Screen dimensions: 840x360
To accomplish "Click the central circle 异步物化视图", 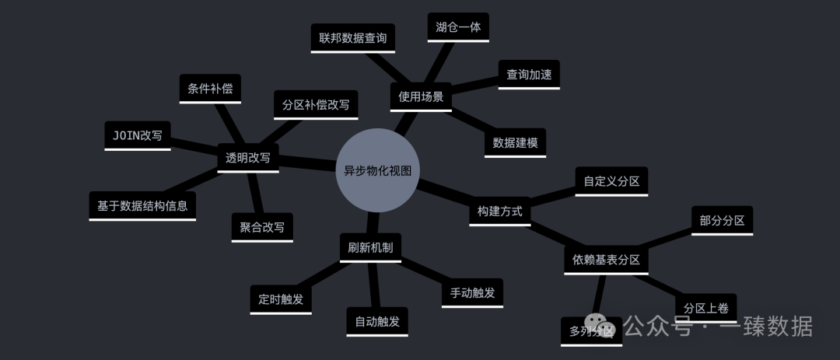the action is (377, 170).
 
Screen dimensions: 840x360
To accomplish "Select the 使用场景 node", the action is (421, 96).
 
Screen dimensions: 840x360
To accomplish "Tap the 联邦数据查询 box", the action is (352, 37).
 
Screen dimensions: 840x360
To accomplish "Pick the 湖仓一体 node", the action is (458, 26).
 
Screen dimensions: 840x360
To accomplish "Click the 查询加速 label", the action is (529, 74).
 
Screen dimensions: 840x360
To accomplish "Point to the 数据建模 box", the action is (515, 142).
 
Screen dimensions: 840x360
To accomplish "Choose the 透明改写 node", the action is (247, 157).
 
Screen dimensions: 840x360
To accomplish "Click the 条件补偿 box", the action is (210, 88).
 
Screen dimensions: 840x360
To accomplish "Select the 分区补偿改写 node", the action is (316, 103).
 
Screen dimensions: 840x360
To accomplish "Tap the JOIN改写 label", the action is (138, 135).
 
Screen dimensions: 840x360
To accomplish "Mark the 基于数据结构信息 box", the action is (142, 206).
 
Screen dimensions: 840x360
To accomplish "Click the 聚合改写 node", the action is (262, 227).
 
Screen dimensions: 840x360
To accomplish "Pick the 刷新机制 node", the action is (370, 247).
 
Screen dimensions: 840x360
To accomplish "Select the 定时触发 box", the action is (281, 299).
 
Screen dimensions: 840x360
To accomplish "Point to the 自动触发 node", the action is (377, 320).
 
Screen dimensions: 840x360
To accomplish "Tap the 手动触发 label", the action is (472, 292).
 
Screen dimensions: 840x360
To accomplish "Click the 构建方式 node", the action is (499, 211).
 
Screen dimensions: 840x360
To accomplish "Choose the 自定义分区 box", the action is (611, 181).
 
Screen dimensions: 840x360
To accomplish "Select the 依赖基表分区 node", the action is (606, 259).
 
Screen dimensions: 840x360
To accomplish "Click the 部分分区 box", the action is (722, 220).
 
